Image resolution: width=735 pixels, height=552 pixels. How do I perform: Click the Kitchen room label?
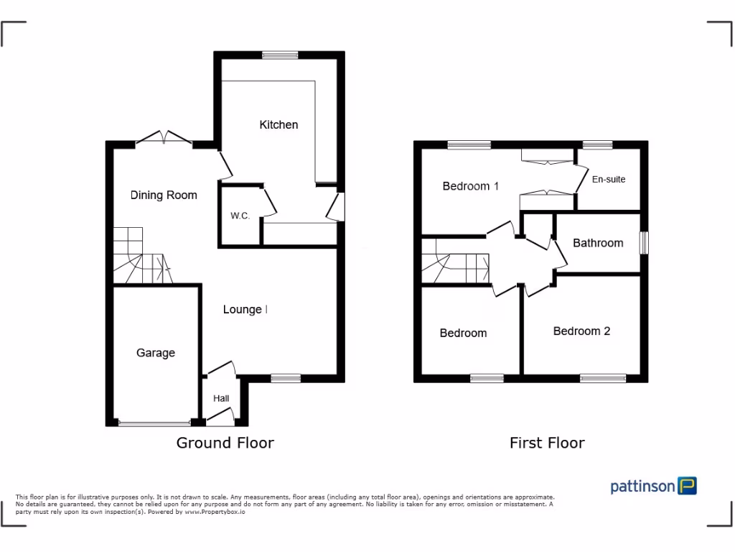pyautogui.click(x=278, y=124)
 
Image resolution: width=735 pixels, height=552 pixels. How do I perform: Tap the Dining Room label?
pyautogui.click(x=164, y=195)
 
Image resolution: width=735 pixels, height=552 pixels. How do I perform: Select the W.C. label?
pyautogui.click(x=240, y=216)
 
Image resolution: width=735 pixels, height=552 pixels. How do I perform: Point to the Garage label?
pyautogui.click(x=156, y=353)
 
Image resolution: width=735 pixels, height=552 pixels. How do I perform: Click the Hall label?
pyautogui.click(x=220, y=398)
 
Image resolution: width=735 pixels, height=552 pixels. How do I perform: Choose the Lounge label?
pyautogui.click(x=243, y=310)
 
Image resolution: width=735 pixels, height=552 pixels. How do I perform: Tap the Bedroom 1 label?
pyautogui.click(x=470, y=186)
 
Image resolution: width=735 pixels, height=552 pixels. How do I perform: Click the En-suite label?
pyautogui.click(x=608, y=179)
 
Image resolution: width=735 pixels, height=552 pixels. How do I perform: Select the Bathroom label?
pyautogui.click(x=598, y=243)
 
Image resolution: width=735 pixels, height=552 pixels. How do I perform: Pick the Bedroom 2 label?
pyautogui.click(x=581, y=331)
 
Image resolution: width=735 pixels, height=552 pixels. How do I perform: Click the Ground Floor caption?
pyautogui.click(x=225, y=443)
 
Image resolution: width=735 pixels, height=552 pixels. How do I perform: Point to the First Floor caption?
pyautogui.click(x=547, y=443)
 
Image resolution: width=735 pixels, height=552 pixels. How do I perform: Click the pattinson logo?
pyautogui.click(x=653, y=487)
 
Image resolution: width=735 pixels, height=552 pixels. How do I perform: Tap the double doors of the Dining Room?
pyautogui.click(x=164, y=139)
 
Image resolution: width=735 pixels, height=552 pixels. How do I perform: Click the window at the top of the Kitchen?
pyautogui.click(x=279, y=55)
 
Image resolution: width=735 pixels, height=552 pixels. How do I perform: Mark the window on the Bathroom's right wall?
pyautogui.click(x=645, y=242)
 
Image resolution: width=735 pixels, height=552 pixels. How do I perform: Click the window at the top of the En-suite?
pyautogui.click(x=597, y=144)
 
